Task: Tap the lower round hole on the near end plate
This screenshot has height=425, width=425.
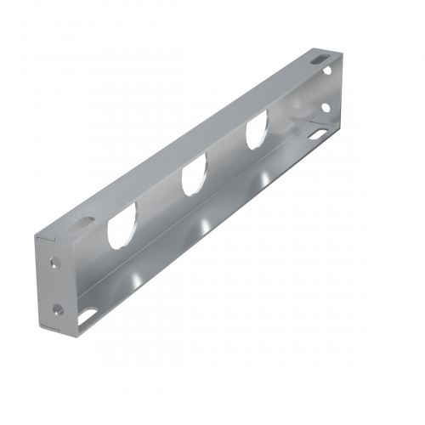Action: pos(58,309)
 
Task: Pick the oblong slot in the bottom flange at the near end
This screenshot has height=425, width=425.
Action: pos(88,318)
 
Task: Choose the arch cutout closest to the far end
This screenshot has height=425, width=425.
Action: pos(257,133)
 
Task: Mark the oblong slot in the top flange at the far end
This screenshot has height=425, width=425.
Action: pos(320,59)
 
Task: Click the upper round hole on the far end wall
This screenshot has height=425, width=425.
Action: pos(328,71)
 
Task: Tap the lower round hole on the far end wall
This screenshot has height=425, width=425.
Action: pos(328,107)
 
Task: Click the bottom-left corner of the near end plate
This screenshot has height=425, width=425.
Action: pos(42,328)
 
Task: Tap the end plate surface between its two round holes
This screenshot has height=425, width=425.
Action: pos(57,286)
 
